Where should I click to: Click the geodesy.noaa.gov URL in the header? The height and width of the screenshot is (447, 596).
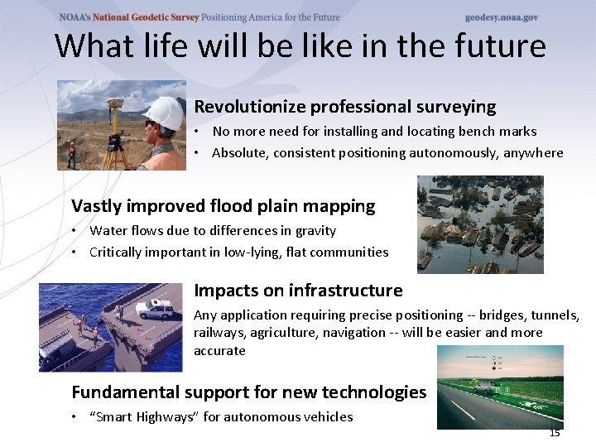pos(501,17)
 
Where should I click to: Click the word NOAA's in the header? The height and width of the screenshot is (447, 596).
pos(76,17)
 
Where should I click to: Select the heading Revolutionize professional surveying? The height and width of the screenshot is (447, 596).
pos(344,107)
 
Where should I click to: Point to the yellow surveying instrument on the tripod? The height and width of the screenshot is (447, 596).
pos(116,106)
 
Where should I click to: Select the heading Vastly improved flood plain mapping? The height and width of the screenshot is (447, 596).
pos(223,206)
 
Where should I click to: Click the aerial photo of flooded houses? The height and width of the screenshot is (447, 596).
pos(479,224)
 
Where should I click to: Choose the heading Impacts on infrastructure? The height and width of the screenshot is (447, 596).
pos(298,291)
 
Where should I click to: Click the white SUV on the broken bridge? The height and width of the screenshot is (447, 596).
pos(154,310)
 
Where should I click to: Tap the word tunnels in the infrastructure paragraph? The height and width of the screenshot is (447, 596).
pos(553,315)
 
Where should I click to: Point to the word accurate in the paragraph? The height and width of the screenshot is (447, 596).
pos(219,350)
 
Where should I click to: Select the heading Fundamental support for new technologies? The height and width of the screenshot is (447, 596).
pos(248,392)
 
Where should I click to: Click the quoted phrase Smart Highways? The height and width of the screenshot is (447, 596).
pos(143,416)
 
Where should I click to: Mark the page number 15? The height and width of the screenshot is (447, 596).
pos(554,433)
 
